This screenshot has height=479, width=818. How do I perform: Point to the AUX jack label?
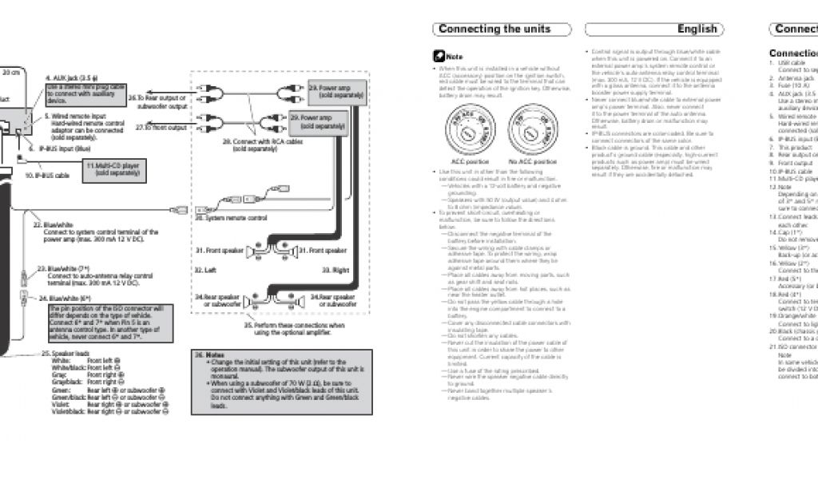click(70, 77)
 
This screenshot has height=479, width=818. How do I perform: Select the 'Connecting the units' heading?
click(494, 30)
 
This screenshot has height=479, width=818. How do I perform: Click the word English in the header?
click(697, 30)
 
